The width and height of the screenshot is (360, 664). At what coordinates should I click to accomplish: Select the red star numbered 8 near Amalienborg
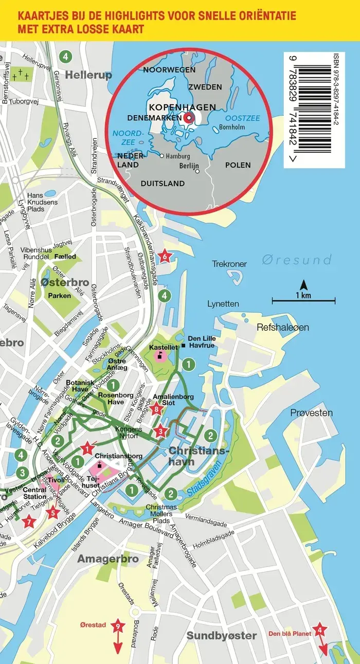[x=157, y=409]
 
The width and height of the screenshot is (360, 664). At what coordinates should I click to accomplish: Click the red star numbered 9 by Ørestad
[x=118, y=626]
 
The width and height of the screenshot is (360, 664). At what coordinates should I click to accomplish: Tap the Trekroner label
[x=229, y=264]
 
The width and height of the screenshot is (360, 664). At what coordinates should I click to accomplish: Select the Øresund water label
[x=296, y=259]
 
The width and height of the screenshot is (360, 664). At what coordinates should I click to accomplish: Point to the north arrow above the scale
[x=303, y=284]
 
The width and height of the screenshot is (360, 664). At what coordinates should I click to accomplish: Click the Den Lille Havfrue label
[x=201, y=342]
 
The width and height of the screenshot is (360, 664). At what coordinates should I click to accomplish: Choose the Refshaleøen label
[x=283, y=327]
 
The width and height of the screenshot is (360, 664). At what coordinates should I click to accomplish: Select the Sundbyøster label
[x=221, y=636]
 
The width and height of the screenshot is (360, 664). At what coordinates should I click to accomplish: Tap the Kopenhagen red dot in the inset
[x=189, y=118]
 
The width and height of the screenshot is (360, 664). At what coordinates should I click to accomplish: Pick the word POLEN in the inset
[x=238, y=165]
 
